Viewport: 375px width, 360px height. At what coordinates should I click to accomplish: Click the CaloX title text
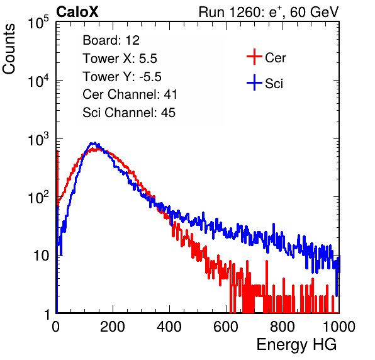77,12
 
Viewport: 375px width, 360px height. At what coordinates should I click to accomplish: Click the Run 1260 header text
269,12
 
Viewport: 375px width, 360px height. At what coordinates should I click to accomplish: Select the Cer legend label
275,58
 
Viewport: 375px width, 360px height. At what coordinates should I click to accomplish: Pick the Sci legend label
274,84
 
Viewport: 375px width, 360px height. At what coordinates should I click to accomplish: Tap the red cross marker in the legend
254,57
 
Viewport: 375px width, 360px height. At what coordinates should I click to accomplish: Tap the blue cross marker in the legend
254,82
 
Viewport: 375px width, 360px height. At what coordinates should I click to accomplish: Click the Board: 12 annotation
111,40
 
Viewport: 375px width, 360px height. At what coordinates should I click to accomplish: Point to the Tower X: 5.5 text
120,59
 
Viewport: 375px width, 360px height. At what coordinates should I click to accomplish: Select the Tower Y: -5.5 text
122,77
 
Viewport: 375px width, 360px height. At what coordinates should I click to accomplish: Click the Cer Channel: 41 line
130,94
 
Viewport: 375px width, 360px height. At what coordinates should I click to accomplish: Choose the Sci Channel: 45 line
129,113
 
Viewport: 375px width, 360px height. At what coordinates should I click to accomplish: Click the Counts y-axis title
9,49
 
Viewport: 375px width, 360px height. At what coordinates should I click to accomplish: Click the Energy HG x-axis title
296,345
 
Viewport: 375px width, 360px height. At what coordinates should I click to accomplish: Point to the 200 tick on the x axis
113,327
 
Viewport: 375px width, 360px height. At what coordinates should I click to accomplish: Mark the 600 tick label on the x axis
226,327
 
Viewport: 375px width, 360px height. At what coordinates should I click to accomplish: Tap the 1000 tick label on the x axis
339,327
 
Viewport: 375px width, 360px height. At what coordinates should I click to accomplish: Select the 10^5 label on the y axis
38,22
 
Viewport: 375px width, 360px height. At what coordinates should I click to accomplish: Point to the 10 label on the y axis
41,256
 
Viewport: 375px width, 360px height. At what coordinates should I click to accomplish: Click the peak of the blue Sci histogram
95,143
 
